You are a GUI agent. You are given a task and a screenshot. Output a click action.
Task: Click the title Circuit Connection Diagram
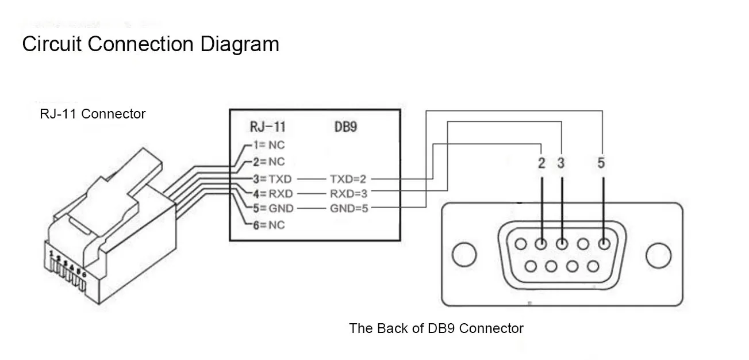(x=151, y=44)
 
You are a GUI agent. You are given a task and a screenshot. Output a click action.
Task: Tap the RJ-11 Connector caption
(x=93, y=114)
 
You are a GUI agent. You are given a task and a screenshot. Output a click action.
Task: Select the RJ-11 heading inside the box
(x=267, y=127)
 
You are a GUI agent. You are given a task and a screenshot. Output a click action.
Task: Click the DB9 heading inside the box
(x=345, y=127)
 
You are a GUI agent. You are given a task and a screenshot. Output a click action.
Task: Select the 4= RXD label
(x=274, y=193)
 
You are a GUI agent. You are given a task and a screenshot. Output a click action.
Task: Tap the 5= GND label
(x=274, y=208)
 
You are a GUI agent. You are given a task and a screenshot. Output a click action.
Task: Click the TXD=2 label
(x=348, y=179)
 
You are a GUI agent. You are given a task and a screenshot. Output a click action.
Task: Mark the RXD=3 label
(x=348, y=193)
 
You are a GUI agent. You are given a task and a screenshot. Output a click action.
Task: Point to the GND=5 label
(x=349, y=208)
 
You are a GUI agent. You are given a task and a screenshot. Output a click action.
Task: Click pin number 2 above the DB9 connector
(x=541, y=163)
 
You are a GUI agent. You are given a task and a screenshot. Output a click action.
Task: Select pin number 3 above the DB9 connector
(x=561, y=163)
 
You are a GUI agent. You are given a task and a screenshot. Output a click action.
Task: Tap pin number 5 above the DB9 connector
(x=601, y=163)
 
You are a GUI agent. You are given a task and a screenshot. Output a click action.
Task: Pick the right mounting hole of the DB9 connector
(x=658, y=255)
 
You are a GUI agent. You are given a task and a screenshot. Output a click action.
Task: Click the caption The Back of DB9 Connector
(x=436, y=328)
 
